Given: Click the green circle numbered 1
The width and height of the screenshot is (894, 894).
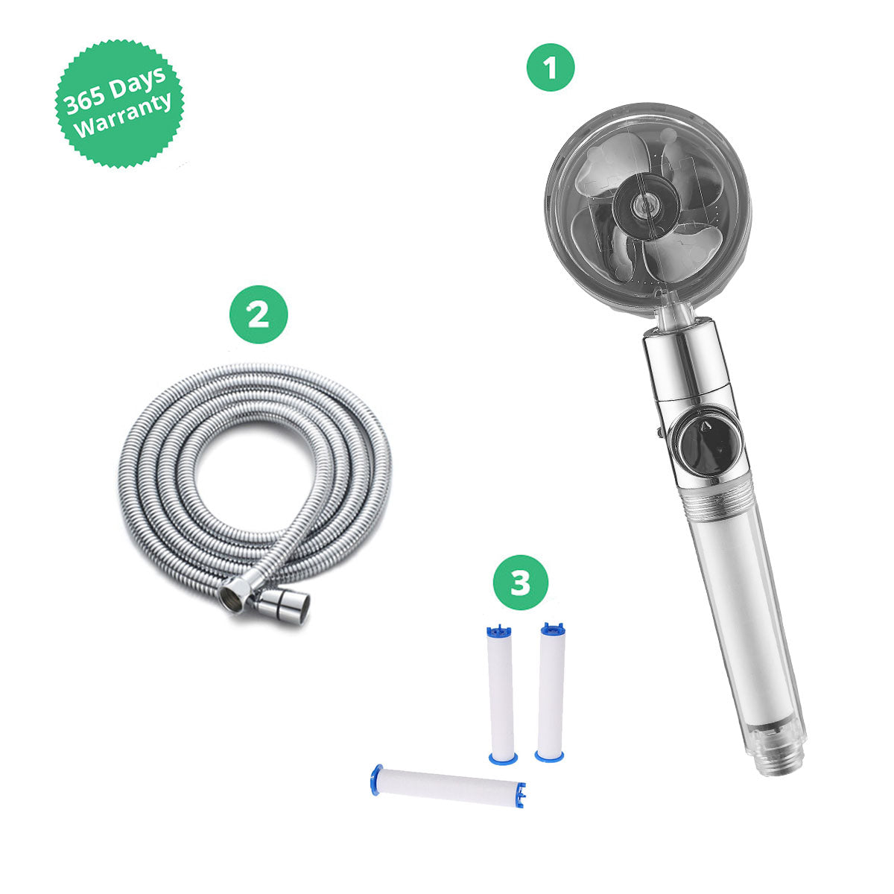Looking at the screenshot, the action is point(551,67).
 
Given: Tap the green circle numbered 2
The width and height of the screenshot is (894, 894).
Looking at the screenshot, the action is point(259,314).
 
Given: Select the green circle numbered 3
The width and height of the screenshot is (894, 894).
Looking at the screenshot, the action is point(520,583).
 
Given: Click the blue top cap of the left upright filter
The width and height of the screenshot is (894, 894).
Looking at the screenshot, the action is point(498,631).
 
